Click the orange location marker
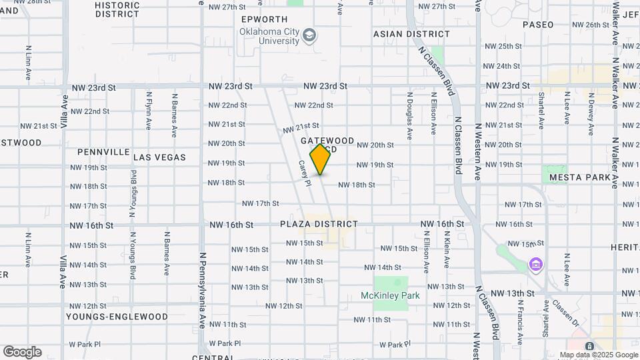click(321, 159)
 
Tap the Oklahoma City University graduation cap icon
click(309, 35)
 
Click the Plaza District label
click(319, 224)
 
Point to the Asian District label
click(411, 34)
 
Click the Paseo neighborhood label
click(538, 25)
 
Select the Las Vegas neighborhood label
click(160, 157)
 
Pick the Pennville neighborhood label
click(103, 152)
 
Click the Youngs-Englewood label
click(117, 316)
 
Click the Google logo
click(22, 352)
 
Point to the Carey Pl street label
click(305, 173)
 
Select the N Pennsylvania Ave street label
click(202, 290)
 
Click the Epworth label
click(265, 19)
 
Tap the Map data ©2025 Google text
click(598, 355)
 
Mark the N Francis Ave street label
click(517, 319)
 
